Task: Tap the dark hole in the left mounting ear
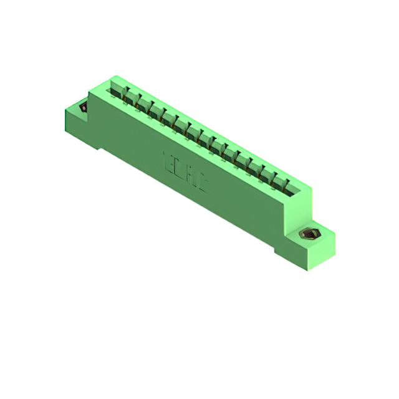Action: [x=84, y=109]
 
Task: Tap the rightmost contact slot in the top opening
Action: [x=282, y=182]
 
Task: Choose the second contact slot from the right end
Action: [x=269, y=175]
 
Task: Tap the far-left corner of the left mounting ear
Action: [x=65, y=113]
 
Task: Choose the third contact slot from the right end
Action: [x=257, y=168]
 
